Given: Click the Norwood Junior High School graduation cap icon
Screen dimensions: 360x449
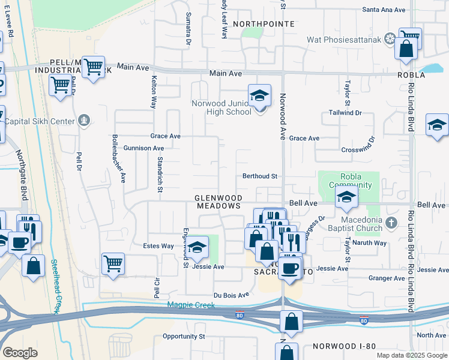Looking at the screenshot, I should coord(260,96).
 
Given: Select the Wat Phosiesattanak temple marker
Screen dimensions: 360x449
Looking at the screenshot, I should coord(390,40).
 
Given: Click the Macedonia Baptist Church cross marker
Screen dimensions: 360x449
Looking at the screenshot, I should coord(391,223).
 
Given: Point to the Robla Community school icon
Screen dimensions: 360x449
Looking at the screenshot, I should coord(346,197).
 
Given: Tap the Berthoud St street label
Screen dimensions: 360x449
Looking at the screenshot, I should coord(259,176).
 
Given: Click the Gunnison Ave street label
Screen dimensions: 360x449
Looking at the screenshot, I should coord(143,148).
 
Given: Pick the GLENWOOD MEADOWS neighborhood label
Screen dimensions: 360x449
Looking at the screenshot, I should coord(218,202).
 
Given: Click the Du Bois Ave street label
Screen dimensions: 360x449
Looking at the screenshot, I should coord(231,295).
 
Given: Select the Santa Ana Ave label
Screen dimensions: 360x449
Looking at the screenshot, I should coord(385,10).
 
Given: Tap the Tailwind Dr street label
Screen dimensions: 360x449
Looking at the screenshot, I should coord(345,112).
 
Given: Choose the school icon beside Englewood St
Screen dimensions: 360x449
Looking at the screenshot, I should coord(197,247).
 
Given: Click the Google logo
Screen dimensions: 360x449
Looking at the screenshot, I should coord(20,353).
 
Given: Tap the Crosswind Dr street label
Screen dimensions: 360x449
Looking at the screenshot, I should coord(357,149).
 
